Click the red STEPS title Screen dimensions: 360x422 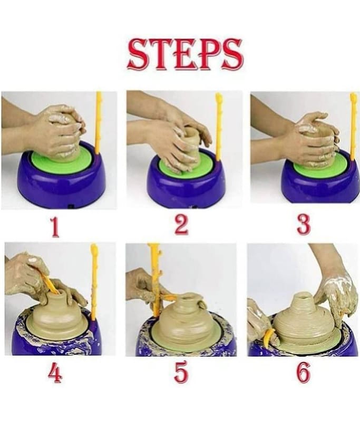(185, 55)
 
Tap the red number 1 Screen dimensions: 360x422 (55, 227)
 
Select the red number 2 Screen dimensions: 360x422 (181, 226)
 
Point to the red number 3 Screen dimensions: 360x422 (304, 225)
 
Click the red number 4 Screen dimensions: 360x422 (55, 373)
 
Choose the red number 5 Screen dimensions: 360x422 (181, 372)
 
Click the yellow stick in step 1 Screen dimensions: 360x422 (99, 123)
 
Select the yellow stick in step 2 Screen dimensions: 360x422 (219, 127)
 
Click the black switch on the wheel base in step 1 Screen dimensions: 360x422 (71, 207)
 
